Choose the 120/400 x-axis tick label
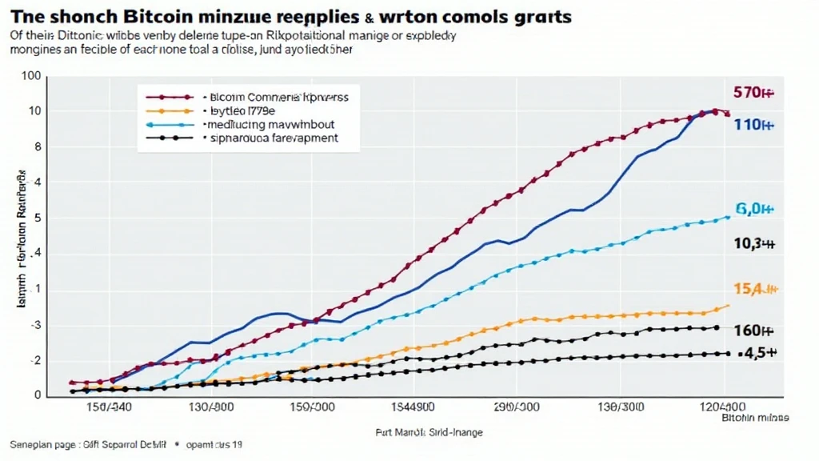727,407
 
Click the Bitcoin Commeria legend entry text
284,96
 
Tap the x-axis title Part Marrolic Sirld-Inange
429,432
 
